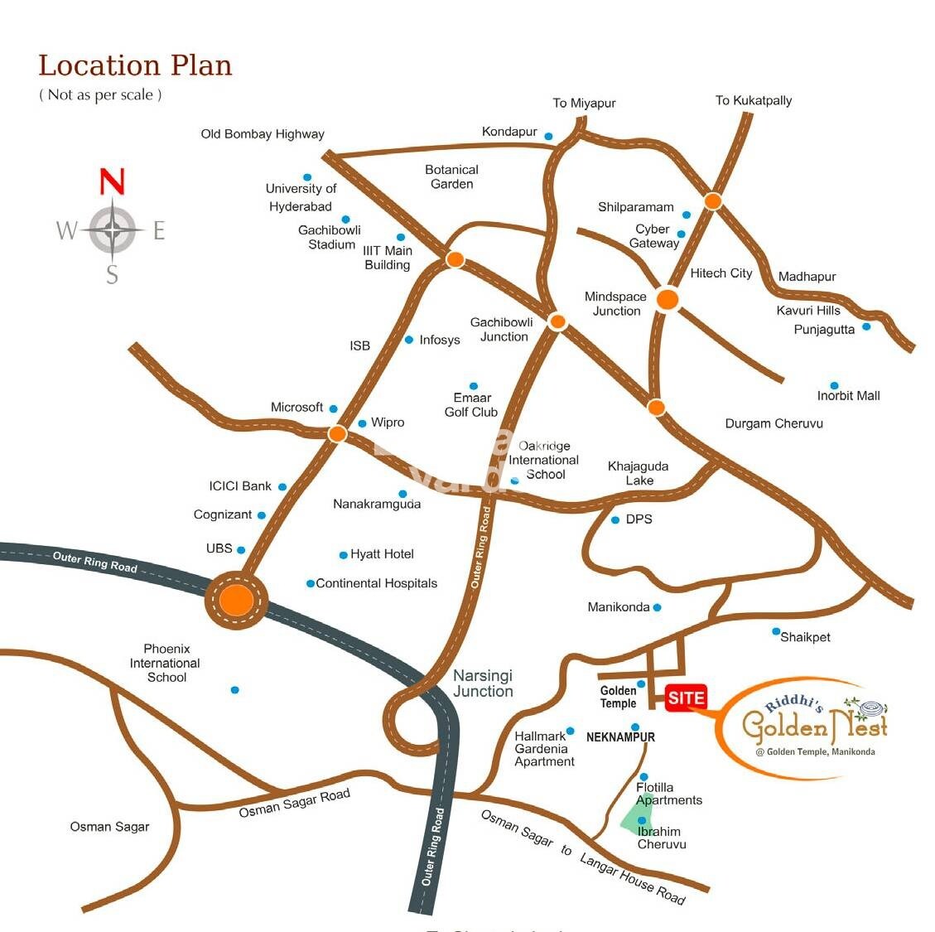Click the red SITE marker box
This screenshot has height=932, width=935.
point(686,698)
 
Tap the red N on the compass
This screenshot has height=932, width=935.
point(113,181)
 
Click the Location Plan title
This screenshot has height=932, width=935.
point(135,65)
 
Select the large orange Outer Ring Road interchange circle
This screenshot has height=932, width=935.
point(237,600)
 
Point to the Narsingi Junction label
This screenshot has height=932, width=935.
point(483,683)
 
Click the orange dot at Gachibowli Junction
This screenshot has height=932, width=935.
point(557,322)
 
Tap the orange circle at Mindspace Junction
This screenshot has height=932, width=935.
point(668,300)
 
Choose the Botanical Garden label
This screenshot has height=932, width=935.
point(451,176)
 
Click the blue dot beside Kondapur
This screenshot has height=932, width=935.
point(548,136)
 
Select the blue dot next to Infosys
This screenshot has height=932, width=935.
point(408,340)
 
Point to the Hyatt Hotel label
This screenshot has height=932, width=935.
point(382,553)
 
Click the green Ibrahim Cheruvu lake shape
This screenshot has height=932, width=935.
point(639,816)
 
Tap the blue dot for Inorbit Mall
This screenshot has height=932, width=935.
point(834,385)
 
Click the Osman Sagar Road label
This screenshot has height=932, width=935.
point(294,803)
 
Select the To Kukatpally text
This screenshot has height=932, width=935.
point(754,100)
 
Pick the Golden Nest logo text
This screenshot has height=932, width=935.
point(813,725)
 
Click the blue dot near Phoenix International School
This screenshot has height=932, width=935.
point(235,689)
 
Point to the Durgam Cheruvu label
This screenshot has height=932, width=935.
point(774,423)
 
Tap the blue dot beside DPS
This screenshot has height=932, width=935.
point(615,520)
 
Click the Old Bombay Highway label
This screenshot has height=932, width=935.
point(263,133)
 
